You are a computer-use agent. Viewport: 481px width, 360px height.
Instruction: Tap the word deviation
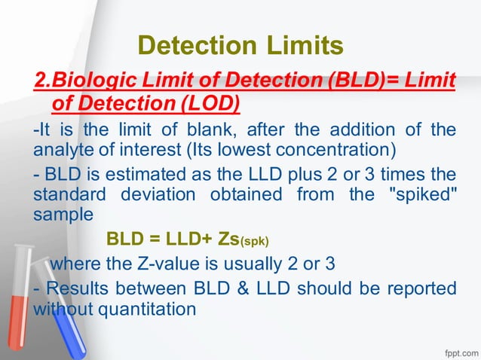(x=153, y=194)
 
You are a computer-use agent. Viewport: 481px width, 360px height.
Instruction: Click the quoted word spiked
(x=416, y=194)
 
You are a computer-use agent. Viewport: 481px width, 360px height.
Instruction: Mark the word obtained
(x=267, y=194)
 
